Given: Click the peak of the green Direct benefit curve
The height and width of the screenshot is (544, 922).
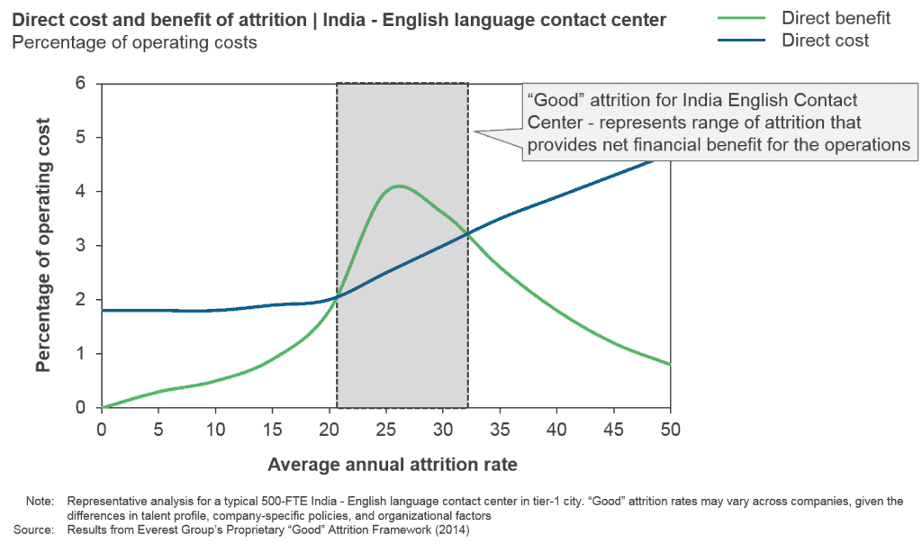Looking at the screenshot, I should coord(398,186).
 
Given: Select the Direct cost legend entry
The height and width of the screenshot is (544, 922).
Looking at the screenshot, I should coord(825,41).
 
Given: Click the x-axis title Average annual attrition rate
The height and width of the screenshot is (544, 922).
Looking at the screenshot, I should coord(393,465).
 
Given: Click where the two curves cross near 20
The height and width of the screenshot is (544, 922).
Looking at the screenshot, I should coord(337,299).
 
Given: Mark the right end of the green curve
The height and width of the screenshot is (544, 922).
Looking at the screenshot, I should coord(670,365).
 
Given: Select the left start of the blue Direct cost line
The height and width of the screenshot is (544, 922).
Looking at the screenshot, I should coord(103,312).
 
